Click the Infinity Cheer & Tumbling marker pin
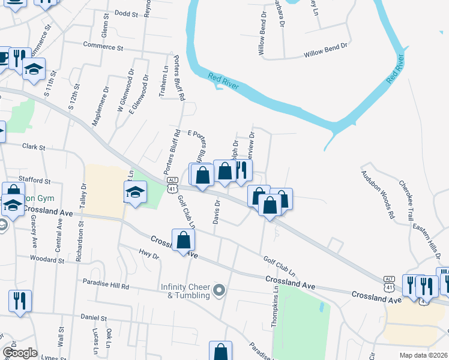point(219,291)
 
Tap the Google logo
point(19,353)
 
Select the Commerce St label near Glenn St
point(103,46)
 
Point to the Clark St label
point(34,146)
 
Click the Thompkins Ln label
point(276,305)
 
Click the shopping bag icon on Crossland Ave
point(184,241)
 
